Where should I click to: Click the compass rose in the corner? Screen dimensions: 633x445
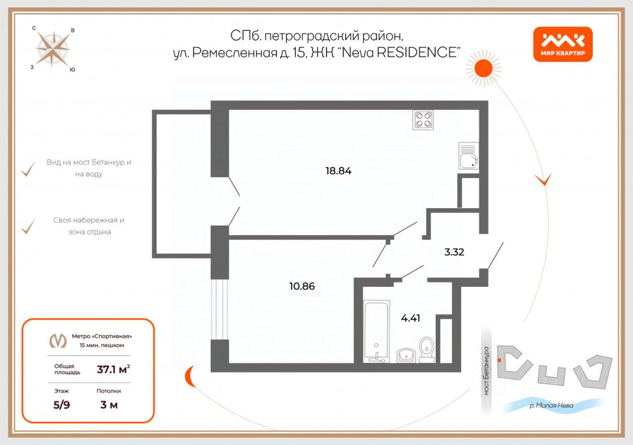53,49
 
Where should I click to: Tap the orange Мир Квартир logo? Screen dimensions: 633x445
563,44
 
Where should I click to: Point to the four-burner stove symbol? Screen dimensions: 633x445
423,120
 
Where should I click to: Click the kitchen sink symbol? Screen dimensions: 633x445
468,156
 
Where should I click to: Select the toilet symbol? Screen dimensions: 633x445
426,349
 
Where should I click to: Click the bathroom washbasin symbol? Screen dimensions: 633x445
407,355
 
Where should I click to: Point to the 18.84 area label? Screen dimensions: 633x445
338,171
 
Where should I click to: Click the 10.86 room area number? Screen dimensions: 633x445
302,286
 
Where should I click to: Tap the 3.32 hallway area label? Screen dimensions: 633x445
454,252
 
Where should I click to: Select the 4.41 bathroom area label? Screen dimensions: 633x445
410,318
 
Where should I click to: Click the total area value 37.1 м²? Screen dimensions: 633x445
113,369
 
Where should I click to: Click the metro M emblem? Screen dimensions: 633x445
58,341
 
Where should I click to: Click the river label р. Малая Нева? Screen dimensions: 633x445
551,406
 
